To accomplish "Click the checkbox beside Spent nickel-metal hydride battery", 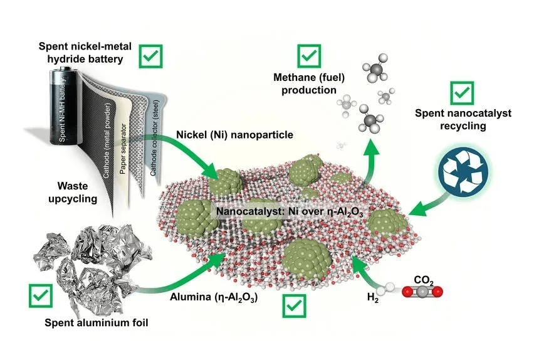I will pos(149,56).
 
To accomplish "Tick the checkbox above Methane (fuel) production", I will pos(307,56).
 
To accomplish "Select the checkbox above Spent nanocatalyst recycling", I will pos(463,94).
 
